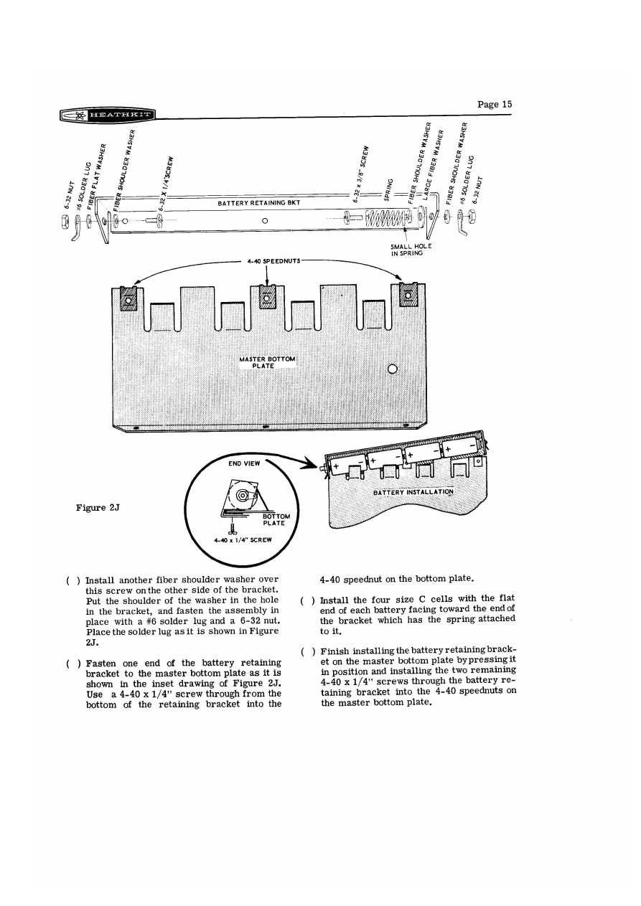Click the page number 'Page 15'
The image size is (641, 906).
(495, 104)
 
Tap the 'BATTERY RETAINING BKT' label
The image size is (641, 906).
(261, 204)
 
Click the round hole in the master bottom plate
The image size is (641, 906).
(393, 369)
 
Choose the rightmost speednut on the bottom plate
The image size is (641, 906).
(408, 296)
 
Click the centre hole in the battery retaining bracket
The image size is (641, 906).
(265, 220)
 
